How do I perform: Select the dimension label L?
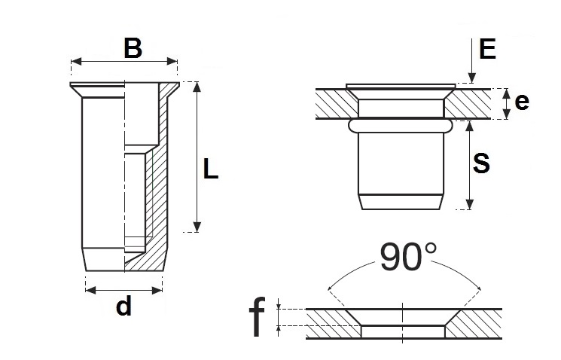[x=211, y=170]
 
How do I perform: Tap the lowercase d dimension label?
[x=124, y=307]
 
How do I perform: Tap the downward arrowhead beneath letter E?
[x=470, y=78]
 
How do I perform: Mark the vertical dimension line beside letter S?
[x=470, y=166]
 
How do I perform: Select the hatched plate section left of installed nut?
[x=330, y=104]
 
